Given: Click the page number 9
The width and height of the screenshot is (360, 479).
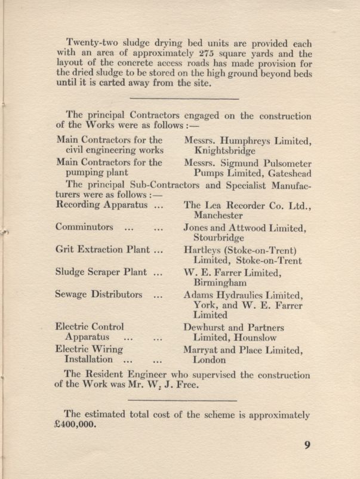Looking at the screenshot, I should [306, 445].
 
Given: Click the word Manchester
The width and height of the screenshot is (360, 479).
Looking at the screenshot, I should [220, 215].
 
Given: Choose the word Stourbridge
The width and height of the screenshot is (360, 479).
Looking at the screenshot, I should [219, 238].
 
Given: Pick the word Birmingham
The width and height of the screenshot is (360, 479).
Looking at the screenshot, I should [219, 283].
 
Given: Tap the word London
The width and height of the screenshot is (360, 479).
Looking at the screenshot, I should [210, 361].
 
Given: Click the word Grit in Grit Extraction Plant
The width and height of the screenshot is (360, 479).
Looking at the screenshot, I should [65, 250].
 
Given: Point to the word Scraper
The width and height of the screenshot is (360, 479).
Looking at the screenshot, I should [108, 272].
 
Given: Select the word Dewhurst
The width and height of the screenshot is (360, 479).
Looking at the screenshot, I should [206, 327].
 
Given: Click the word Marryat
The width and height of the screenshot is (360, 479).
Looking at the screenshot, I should [203, 350].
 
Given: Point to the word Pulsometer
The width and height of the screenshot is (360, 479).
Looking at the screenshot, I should [284, 163].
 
